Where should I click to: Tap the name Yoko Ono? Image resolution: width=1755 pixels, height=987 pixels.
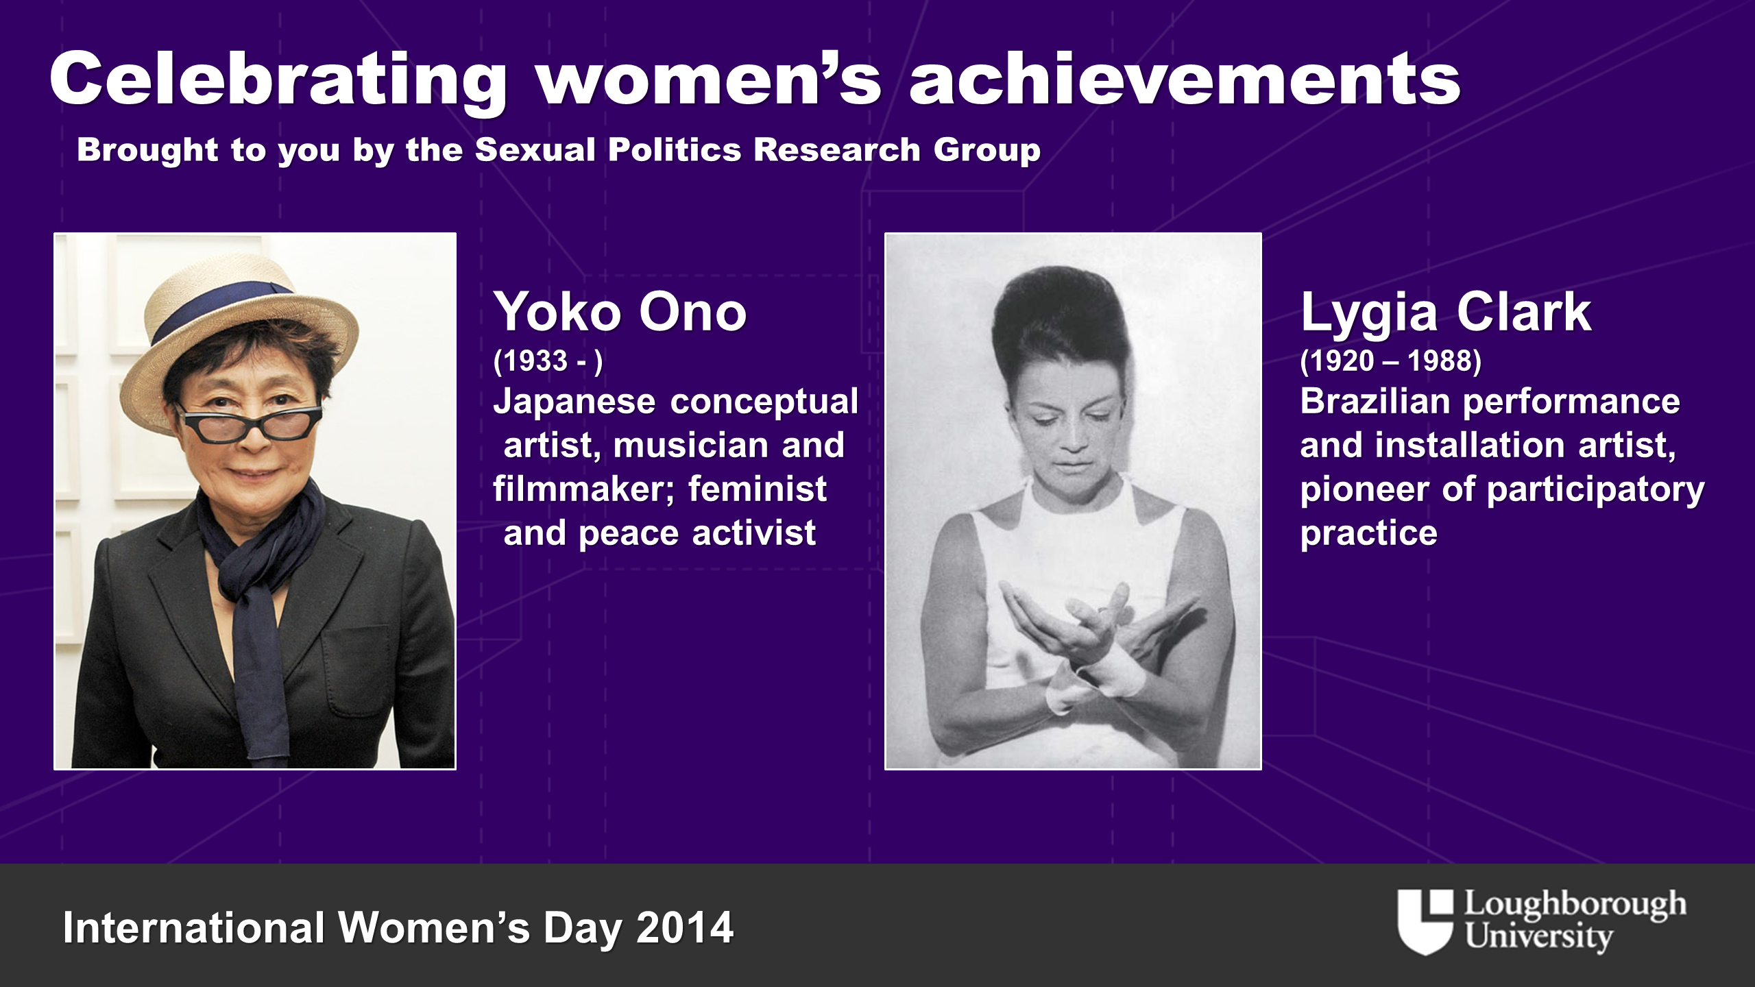click(620, 312)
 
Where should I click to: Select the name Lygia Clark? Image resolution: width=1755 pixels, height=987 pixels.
click(1445, 313)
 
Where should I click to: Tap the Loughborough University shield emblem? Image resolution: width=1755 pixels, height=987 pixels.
click(1425, 922)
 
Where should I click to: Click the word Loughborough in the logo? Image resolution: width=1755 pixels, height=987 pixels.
click(1575, 905)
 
